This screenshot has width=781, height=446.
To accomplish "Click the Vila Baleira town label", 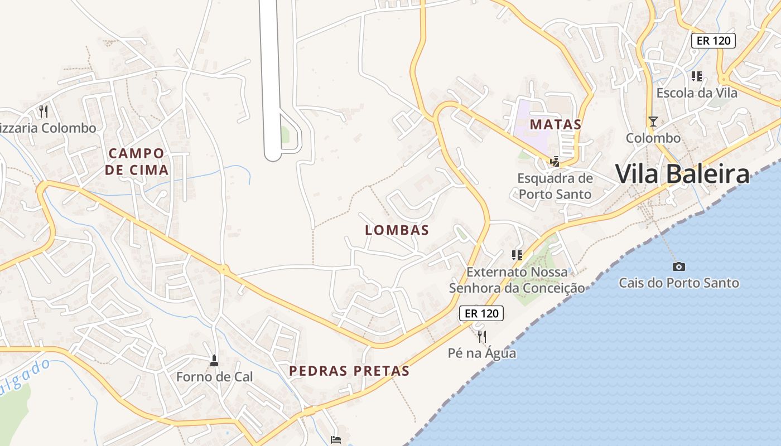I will [682, 174].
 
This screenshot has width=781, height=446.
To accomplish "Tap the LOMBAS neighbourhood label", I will [397, 230].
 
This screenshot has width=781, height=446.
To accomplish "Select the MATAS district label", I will [555, 124].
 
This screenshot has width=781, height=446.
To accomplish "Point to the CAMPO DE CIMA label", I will [137, 161].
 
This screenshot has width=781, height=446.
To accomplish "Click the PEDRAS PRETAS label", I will [349, 371].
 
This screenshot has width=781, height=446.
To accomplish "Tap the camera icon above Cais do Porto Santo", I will [678, 266].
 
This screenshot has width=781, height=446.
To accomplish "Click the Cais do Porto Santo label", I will [678, 283].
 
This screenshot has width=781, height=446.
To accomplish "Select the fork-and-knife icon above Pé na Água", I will [482, 336].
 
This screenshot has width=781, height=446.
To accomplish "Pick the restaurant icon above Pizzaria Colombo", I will [44, 111].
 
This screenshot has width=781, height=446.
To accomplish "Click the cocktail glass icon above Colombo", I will [653, 121].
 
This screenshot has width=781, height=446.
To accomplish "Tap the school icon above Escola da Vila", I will [696, 76].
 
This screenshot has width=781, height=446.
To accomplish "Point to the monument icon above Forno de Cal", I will [214, 361].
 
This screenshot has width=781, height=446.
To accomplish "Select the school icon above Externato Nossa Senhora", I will [517, 255].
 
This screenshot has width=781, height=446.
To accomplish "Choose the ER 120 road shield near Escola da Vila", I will [713, 40].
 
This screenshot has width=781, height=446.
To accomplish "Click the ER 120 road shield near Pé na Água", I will [481, 313].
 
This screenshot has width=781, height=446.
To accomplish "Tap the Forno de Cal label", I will [214, 377].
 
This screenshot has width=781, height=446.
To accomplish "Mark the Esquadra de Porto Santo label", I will [555, 186].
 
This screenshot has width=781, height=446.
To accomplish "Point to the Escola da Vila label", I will [697, 93].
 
